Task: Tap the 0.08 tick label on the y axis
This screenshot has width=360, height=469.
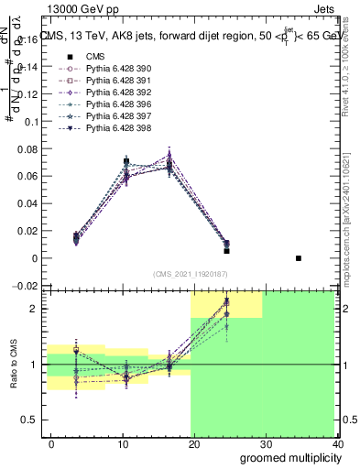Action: coord(27,148)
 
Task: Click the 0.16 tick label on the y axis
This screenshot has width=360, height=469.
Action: coord(27,39)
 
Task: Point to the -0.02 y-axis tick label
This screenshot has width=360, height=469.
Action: coord(26,286)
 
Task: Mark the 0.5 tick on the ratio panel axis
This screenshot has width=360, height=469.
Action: coord(30,420)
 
